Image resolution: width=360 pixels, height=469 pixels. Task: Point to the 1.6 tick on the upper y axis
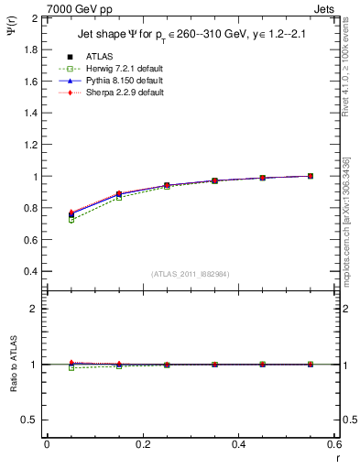click(29, 82)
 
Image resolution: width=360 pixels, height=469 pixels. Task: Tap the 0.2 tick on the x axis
click(143, 444)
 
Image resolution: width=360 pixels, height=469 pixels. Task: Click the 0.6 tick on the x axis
click(333, 444)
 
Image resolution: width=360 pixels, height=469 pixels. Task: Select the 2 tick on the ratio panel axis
click(33, 309)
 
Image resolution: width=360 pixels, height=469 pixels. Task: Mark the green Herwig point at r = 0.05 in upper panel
click(71, 220)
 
